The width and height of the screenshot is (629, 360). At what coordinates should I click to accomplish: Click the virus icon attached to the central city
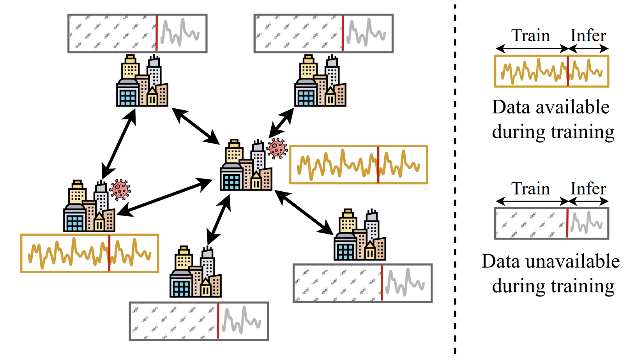(x=277, y=148)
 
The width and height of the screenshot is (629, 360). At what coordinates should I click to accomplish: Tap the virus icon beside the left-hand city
(x=120, y=189)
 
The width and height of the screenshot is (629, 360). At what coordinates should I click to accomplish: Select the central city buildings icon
(x=246, y=166)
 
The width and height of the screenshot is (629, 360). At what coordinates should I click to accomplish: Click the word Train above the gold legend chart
(x=530, y=35)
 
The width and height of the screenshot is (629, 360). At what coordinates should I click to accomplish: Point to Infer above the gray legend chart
(x=588, y=189)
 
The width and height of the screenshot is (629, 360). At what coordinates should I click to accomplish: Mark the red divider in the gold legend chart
(x=568, y=71)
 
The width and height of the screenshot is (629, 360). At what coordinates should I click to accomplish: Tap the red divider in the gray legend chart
(x=567, y=223)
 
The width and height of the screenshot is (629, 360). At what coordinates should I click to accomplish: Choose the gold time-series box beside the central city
(x=359, y=165)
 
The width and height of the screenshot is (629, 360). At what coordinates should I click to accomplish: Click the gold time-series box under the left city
(x=90, y=253)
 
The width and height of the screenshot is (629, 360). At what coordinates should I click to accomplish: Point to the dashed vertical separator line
(x=455, y=179)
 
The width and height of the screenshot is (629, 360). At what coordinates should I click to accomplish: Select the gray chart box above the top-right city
(x=323, y=34)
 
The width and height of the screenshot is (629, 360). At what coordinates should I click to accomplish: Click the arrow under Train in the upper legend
(x=532, y=49)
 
